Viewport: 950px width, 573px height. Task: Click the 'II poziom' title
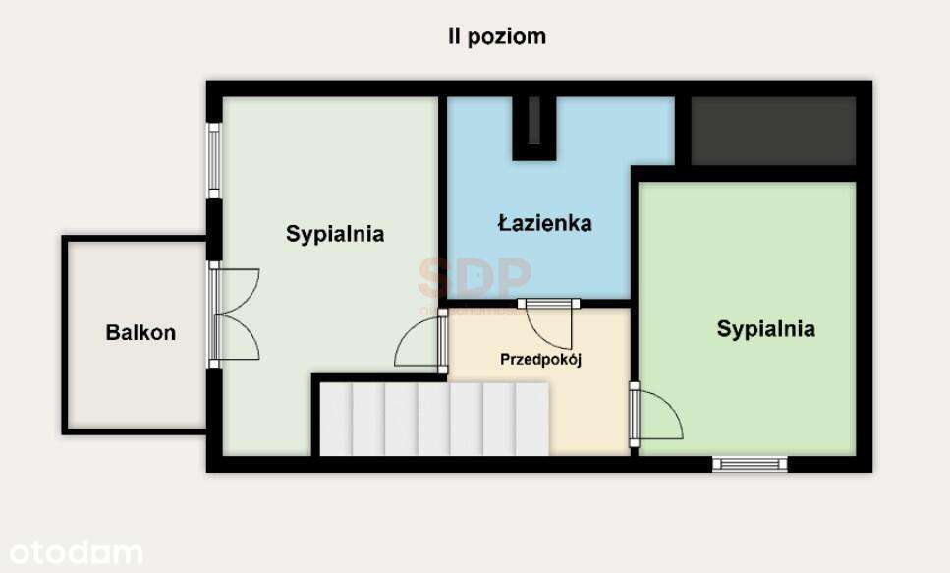tap(496, 37)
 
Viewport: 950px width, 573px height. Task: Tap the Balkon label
tap(140, 332)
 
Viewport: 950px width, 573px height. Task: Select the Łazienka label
tap(543, 223)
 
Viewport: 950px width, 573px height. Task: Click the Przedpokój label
tap(541, 360)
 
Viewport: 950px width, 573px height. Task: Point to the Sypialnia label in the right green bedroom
tap(765, 328)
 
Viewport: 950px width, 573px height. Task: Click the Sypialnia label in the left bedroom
tap(335, 234)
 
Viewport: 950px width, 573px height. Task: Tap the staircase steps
tap(432, 419)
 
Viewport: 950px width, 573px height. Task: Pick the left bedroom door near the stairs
tap(420, 343)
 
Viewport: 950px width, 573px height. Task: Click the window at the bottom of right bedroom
tap(750, 463)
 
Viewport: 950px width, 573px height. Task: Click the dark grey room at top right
tap(773, 130)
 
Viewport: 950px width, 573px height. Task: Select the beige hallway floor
tap(589, 413)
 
